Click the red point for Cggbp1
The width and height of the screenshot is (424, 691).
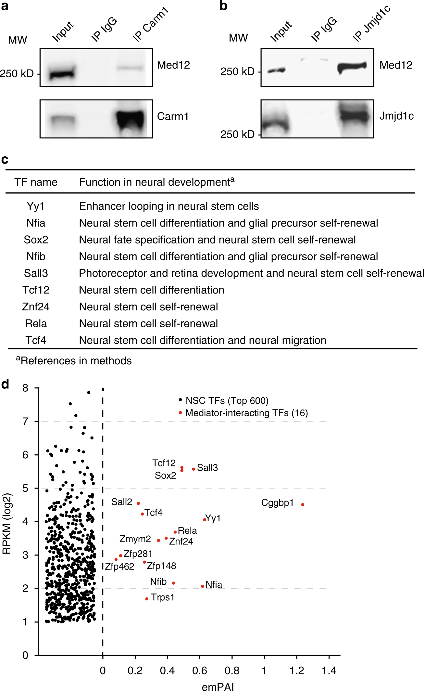(303, 504)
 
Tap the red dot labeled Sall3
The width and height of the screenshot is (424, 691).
(193, 469)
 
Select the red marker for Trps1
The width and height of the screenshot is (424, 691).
(147, 599)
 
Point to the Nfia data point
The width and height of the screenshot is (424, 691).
(203, 586)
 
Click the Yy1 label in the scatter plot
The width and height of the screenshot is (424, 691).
(213, 518)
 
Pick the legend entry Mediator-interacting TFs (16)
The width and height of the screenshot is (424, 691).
(246, 413)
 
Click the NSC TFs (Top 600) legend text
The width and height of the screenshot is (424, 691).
(227, 400)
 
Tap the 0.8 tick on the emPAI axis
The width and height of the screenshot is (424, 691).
(232, 671)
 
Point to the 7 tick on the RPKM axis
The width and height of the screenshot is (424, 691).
(25, 421)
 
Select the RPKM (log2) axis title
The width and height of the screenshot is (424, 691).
(7, 523)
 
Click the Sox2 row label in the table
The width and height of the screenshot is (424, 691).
(36, 240)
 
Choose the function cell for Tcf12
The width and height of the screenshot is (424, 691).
(152, 290)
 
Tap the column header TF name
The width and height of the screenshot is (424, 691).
(36, 182)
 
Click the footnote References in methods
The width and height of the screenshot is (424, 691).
(74, 361)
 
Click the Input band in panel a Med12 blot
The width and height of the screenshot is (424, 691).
(62, 74)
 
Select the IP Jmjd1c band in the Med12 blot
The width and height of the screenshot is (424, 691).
(352, 67)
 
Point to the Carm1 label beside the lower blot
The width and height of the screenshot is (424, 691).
(172, 116)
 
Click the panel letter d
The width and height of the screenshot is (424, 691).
(5, 385)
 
